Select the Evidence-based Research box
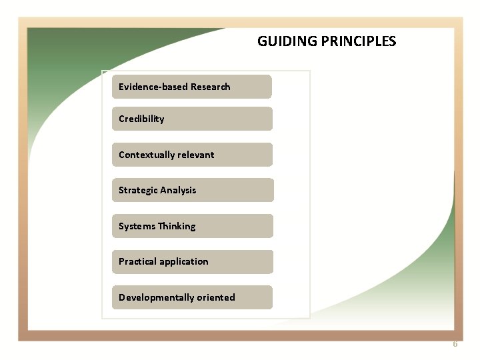[x=192, y=87]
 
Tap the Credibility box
[x=192, y=119]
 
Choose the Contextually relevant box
[x=192, y=155]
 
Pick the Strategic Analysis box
[x=192, y=190]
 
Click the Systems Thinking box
[x=192, y=226]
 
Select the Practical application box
[x=192, y=261]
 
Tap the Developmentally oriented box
[x=192, y=297]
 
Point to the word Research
[x=210, y=87]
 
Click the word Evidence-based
[x=153, y=87]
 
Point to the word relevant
[x=195, y=155]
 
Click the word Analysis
[x=178, y=190]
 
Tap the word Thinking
[x=177, y=226]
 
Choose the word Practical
[x=137, y=261]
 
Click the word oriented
[x=215, y=297]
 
